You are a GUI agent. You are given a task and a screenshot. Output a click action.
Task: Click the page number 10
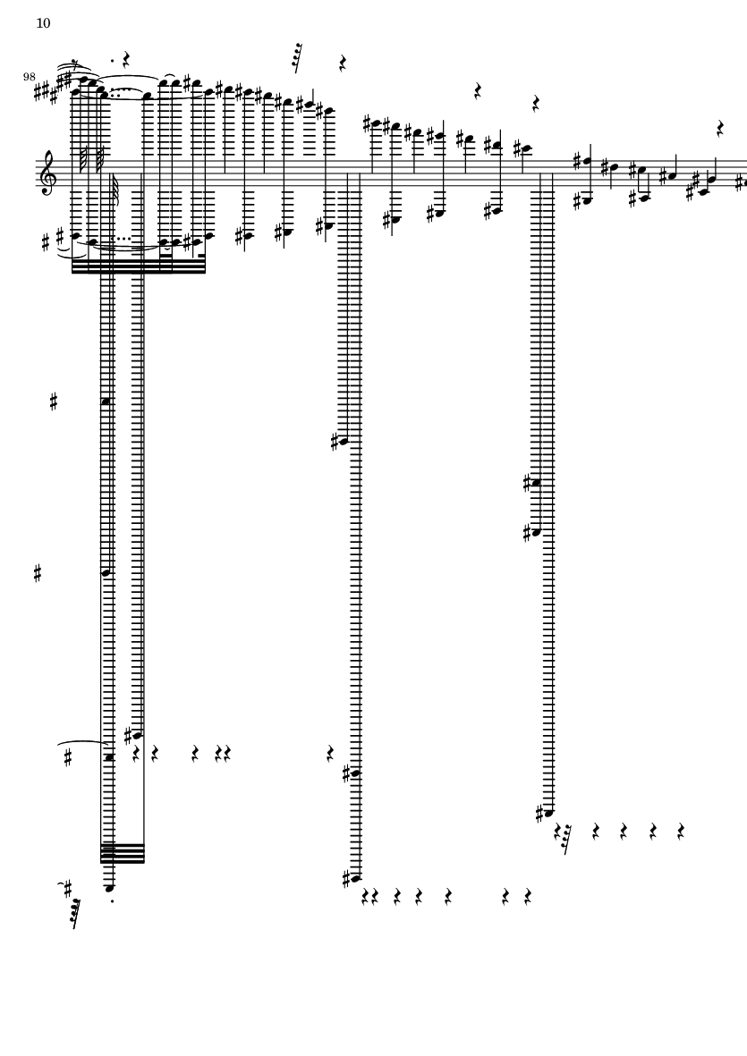point(43,23)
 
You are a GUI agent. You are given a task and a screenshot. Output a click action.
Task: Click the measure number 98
point(29,77)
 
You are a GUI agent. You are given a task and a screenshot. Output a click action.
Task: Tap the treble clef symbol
point(49,173)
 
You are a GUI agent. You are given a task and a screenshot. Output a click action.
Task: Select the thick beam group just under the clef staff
point(139,266)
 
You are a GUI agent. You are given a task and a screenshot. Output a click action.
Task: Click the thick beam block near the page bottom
point(123,853)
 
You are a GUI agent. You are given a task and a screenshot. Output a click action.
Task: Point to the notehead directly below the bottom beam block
point(110,888)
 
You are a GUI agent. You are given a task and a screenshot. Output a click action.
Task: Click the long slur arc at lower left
point(82,743)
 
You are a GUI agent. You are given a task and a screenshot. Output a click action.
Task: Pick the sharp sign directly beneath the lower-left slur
point(67,758)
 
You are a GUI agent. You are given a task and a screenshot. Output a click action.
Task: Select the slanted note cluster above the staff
point(296,58)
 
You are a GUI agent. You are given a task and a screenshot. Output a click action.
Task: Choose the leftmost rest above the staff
point(126,61)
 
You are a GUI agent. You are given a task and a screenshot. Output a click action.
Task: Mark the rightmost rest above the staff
point(720,128)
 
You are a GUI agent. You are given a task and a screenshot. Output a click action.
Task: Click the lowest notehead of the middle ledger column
point(355,878)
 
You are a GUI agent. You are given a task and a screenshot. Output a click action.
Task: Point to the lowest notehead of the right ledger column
point(548,813)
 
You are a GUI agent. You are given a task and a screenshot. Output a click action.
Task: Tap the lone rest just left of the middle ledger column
point(330,754)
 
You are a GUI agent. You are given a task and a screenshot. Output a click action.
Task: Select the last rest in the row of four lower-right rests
point(681,831)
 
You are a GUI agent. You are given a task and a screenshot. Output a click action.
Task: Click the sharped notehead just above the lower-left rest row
point(138,735)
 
